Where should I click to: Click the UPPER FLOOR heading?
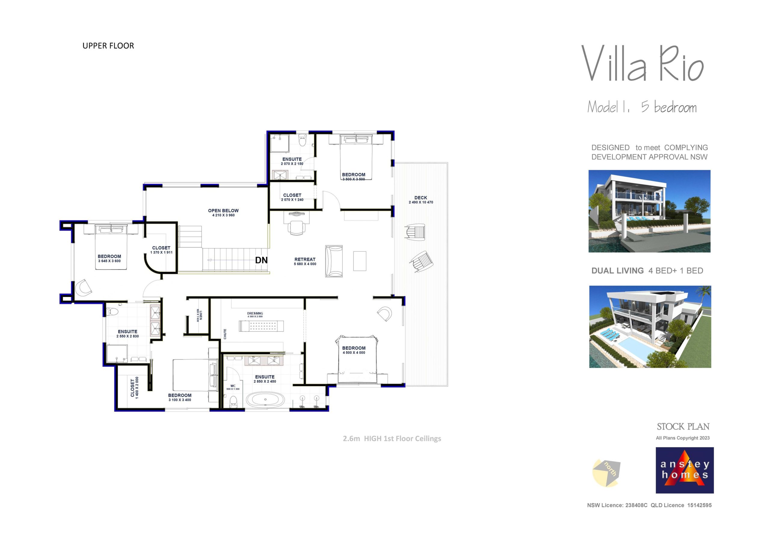(x=108, y=46)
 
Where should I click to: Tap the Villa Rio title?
(x=642, y=64)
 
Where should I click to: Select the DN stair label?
(x=261, y=260)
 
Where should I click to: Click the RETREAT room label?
(x=305, y=259)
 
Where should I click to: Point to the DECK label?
(x=420, y=198)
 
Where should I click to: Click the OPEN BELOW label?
(x=223, y=210)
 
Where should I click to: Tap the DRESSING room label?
(x=255, y=313)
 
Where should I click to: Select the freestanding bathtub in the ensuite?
(x=265, y=399)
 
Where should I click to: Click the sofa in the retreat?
(x=334, y=261)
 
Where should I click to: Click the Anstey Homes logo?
(x=685, y=470)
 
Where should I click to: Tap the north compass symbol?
(x=606, y=472)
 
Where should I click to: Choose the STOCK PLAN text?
(x=683, y=427)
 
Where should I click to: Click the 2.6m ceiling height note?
(x=392, y=439)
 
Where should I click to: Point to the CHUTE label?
(x=225, y=334)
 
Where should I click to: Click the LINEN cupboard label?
(x=201, y=316)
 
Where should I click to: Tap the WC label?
(x=233, y=386)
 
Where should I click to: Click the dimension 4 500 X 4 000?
(x=354, y=353)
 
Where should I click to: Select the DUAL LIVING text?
(x=617, y=271)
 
